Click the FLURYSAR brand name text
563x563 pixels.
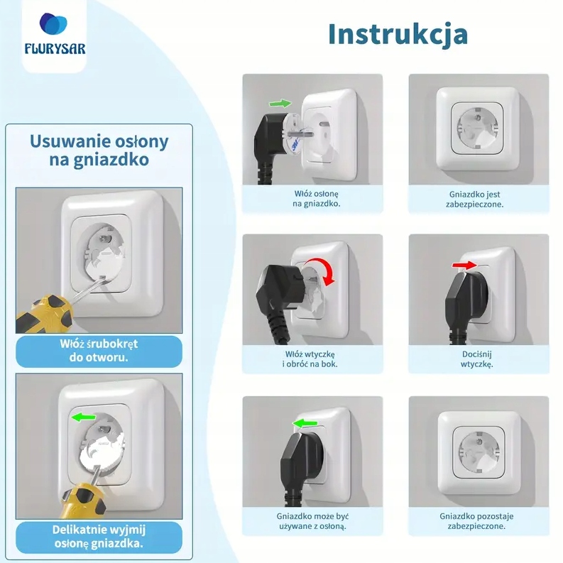tap(55, 49)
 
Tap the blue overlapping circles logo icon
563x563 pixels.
tap(53, 23)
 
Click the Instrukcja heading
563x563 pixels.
tap(398, 35)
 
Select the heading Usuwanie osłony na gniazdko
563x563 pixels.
tap(99, 150)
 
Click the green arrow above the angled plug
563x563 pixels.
tap(280, 104)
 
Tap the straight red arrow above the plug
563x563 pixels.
tap(464, 266)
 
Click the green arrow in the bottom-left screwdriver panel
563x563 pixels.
tap(84, 417)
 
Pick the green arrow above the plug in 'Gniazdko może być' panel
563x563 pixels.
tap(305, 423)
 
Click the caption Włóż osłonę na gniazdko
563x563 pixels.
tap(317, 199)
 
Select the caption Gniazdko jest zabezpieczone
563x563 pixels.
tap(475, 199)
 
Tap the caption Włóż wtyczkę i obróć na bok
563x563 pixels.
tap(310, 359)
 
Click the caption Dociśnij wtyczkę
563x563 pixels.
tap(477, 359)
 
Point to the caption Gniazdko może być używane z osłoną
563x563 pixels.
tap(312, 521)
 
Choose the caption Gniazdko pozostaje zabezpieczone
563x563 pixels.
tap(476, 521)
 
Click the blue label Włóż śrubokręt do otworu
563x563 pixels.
tap(99, 351)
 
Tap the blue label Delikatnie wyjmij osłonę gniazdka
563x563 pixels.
tap(99, 537)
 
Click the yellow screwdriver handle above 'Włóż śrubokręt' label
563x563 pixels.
tap(44, 314)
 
